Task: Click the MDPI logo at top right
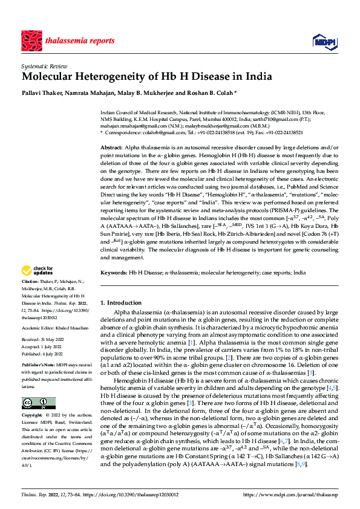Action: tap(322, 41)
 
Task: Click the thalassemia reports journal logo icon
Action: tap(32, 41)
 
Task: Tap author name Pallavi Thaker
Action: tap(41, 94)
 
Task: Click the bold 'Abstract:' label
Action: tap(111, 148)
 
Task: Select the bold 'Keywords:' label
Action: tap(114, 274)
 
